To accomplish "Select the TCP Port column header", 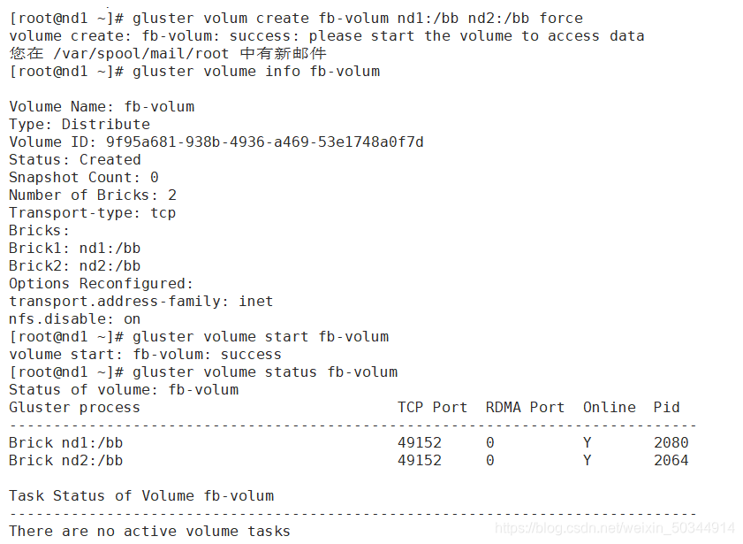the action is click(432, 407).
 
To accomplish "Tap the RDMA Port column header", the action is click(525, 407).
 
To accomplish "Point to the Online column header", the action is click(609, 407).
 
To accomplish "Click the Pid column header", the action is click(666, 407).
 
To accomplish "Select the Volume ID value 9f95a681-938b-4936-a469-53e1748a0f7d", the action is click(264, 142).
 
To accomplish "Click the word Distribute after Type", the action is click(105, 124).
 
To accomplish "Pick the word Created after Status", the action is click(110, 159).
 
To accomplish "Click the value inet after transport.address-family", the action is click(255, 301).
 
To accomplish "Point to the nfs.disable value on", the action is click(132, 318).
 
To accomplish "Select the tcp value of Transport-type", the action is click(163, 212).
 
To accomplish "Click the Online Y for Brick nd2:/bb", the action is click(588, 460).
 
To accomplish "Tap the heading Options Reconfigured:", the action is click(101, 283).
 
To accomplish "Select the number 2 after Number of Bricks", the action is click(171, 195).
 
